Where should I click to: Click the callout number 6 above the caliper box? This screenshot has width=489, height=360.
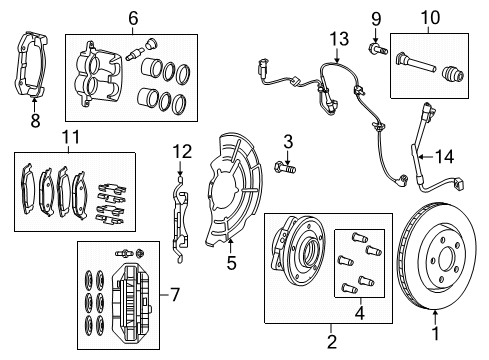click(133, 17)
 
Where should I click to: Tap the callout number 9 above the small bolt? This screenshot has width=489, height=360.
click(376, 17)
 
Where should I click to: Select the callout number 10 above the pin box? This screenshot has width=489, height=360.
click(429, 17)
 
